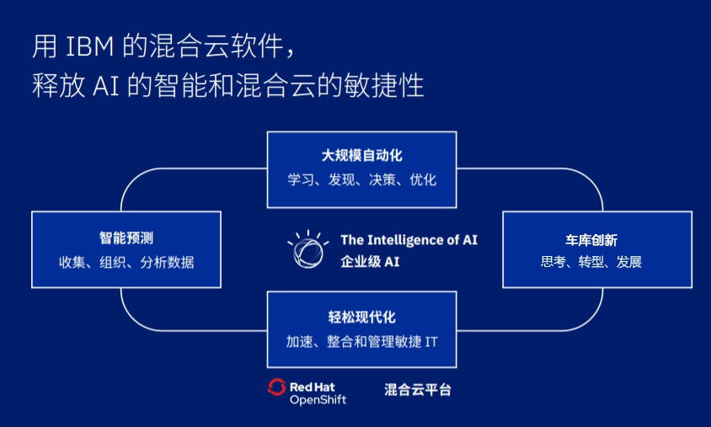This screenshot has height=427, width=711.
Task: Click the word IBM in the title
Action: (90, 45)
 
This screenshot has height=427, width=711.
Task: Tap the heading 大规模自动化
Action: (362, 156)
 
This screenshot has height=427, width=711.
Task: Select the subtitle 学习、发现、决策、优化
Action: (362, 179)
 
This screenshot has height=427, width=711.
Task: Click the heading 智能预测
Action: (126, 238)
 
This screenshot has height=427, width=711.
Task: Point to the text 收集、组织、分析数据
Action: (126, 262)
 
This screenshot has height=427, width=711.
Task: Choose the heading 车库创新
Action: (591, 240)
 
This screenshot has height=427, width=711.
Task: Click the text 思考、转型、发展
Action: (591, 262)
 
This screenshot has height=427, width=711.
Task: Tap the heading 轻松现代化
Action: (362, 317)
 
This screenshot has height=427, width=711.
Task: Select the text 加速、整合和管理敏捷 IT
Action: (362, 341)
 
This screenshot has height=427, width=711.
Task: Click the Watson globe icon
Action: (307, 250)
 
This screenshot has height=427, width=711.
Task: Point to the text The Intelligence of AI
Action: (409, 240)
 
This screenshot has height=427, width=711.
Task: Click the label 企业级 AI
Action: (370, 262)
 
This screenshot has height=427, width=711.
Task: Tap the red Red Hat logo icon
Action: (276, 387)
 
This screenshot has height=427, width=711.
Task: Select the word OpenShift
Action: (318, 400)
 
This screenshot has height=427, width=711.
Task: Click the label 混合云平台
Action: (418, 389)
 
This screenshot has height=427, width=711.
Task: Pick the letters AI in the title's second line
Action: (105, 85)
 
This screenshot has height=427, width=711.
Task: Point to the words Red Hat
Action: (312, 387)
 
